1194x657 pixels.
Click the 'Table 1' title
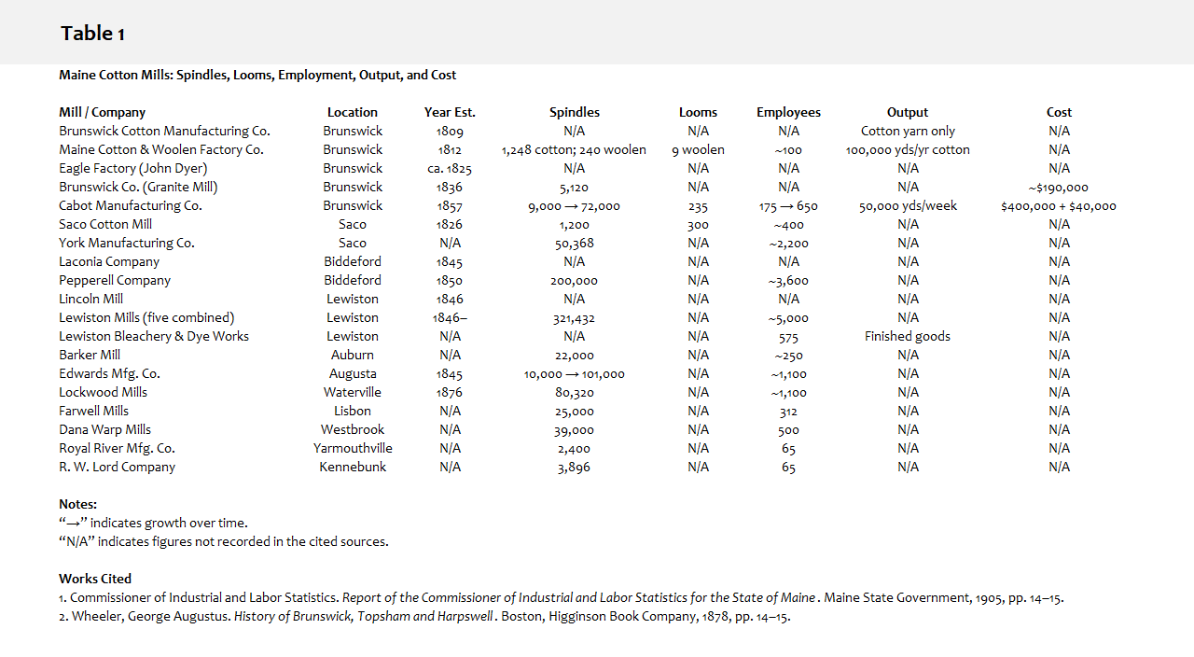click(92, 34)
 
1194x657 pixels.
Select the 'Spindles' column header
click(574, 112)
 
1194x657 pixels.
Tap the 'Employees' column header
click(788, 112)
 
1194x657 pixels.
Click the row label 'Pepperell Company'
click(115, 280)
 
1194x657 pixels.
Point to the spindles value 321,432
click(574, 318)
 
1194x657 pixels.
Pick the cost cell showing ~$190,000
click(1058, 188)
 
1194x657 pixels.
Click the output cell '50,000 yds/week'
click(908, 206)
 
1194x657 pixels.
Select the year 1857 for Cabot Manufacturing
click(450, 206)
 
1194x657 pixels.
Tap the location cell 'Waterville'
click(353, 393)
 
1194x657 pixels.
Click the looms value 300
click(698, 225)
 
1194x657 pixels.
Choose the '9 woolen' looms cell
click(698, 149)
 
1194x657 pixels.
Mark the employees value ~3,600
click(788, 281)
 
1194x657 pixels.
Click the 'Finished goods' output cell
click(908, 336)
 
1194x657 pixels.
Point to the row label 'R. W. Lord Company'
click(117, 467)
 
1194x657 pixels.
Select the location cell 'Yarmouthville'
click(353, 448)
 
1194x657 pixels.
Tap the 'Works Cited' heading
click(95, 579)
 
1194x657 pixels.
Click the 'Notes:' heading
click(77, 504)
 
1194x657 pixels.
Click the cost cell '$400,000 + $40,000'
click(1058, 206)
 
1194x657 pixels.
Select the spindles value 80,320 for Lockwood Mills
click(574, 393)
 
